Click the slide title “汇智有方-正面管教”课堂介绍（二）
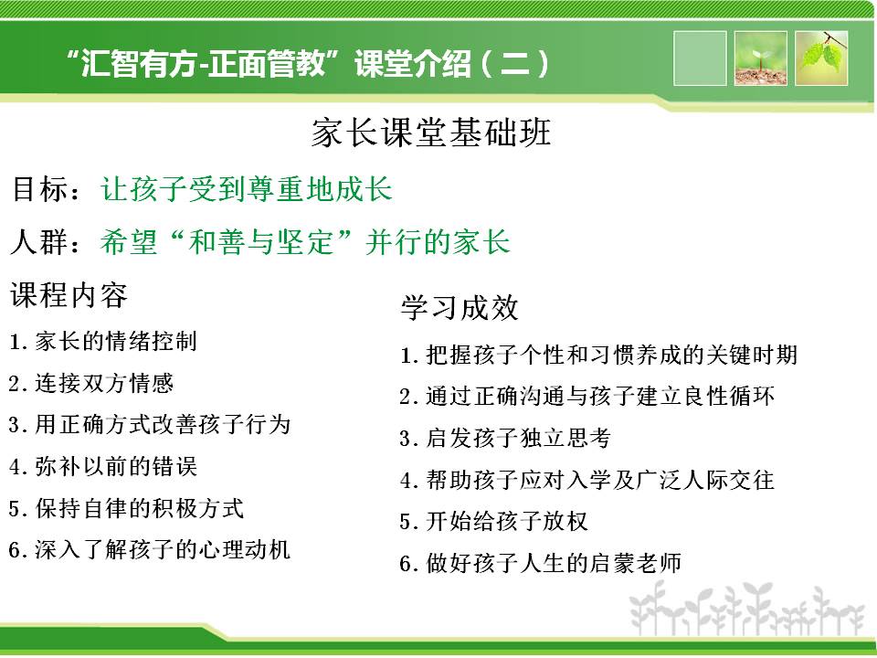307,63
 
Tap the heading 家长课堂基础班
431,133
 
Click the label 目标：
47,188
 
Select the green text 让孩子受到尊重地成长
246,188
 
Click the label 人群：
47,241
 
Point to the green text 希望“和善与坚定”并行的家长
305,241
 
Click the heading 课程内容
69,294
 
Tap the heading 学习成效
460,307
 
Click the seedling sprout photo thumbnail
761,58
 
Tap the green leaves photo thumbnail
821,58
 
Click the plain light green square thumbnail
700,58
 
